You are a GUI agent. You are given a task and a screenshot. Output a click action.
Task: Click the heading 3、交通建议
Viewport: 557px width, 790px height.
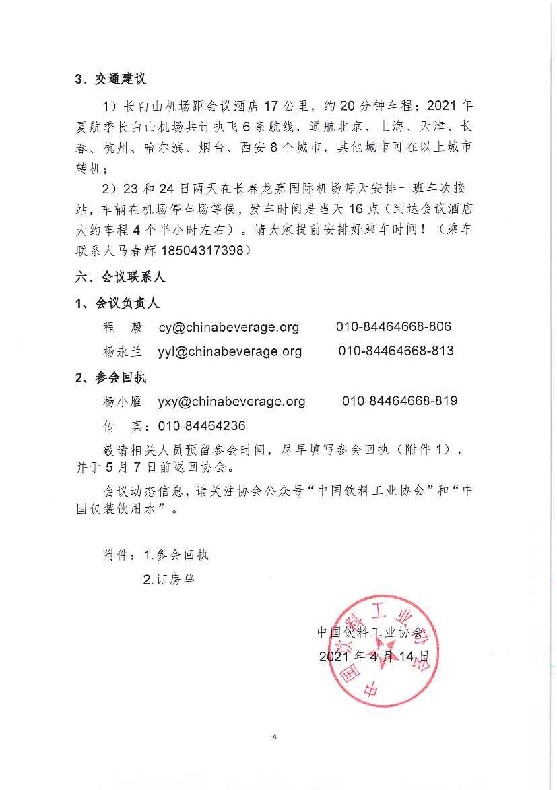[110, 79]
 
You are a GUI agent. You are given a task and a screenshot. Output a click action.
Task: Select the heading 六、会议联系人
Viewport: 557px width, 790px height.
[120, 277]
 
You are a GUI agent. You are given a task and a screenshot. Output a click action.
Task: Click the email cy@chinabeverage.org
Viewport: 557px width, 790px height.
[228, 327]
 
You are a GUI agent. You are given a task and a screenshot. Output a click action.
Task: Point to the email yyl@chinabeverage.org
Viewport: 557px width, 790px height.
[230, 351]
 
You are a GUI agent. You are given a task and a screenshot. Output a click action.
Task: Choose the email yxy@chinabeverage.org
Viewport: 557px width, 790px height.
[231, 401]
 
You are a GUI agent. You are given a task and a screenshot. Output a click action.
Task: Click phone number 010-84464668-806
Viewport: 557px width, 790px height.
[393, 326]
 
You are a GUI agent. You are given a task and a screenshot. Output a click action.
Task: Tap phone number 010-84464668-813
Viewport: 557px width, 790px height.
[396, 351]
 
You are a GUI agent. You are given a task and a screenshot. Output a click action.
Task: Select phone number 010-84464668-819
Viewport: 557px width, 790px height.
[399, 400]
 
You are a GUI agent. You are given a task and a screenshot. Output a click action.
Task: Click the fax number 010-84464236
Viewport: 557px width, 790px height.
[201, 426]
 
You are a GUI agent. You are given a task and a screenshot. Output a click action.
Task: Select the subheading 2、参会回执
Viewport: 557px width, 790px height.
[110, 377]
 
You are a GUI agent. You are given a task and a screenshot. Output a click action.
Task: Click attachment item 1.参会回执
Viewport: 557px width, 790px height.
[176, 555]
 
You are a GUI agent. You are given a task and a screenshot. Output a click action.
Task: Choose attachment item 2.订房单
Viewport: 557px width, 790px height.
[168, 579]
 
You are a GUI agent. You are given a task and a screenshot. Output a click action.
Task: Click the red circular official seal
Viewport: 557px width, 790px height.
[381, 650]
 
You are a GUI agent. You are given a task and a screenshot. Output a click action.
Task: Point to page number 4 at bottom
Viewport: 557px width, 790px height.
[275, 737]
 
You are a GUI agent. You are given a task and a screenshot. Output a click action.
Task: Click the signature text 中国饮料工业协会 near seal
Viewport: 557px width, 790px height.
[371, 632]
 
